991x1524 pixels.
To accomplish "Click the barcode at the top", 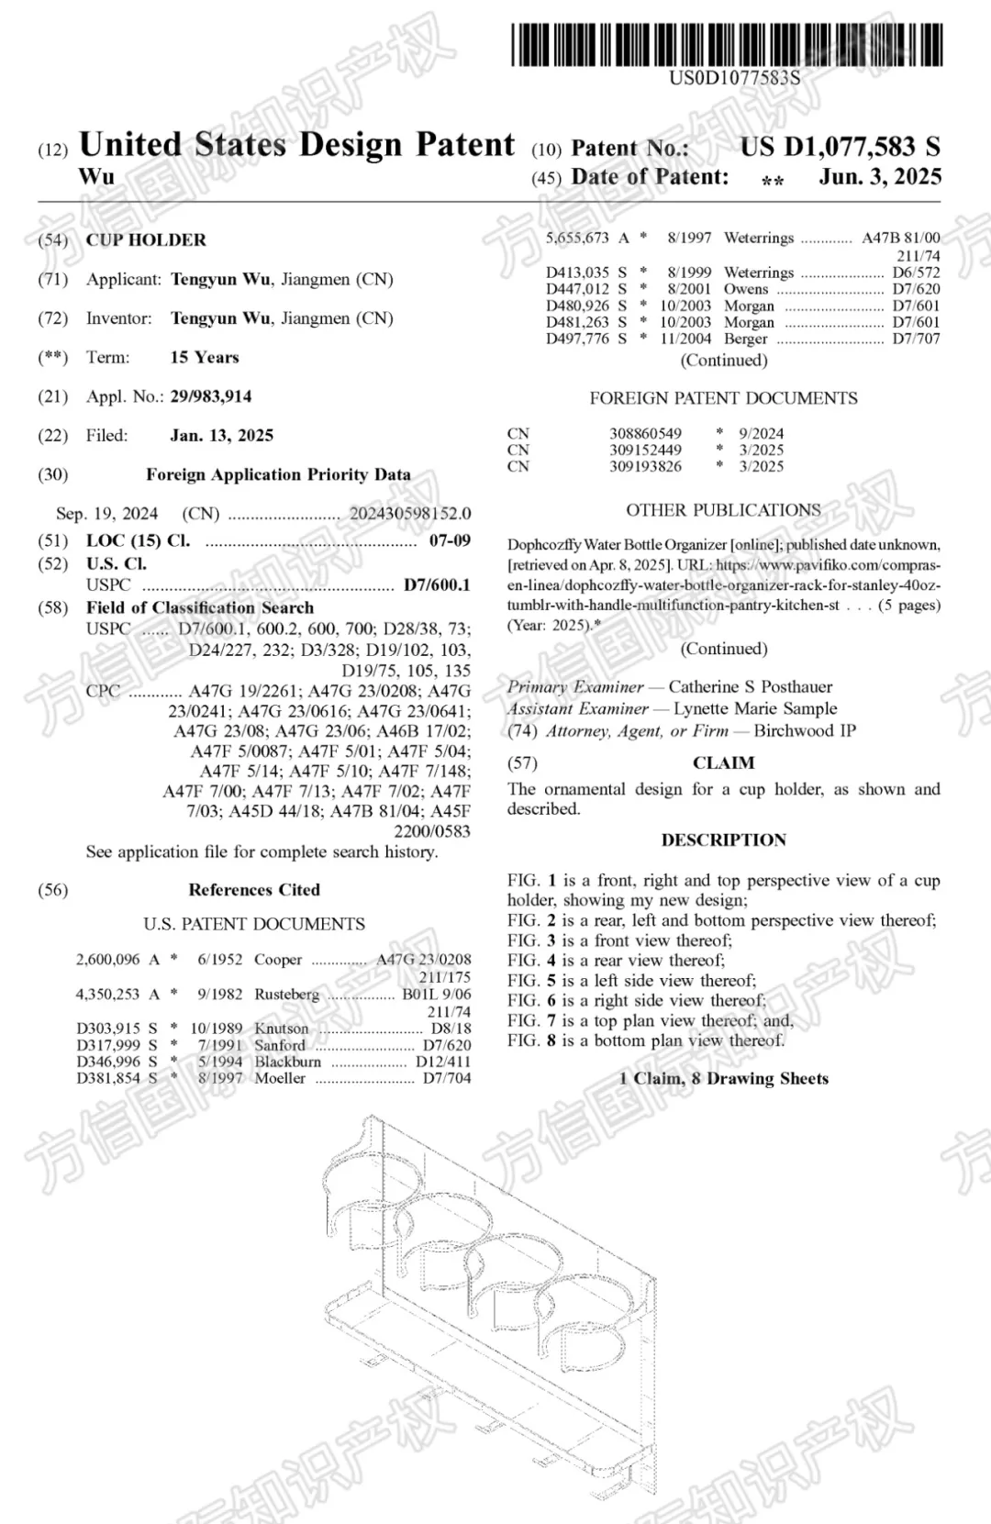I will pos(727,44).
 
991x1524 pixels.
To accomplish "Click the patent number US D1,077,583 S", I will pos(840,147).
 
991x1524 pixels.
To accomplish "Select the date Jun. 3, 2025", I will pos(879,177).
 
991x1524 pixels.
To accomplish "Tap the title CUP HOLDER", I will pos(146,240).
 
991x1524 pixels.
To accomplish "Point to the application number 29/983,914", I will pos(210,396).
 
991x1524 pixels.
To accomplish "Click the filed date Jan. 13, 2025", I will pos(221,436).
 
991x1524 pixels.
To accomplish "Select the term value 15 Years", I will pos(204,358).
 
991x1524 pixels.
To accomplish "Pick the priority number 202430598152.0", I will pos(409,514).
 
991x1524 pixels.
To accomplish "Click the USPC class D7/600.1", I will pos(437,585).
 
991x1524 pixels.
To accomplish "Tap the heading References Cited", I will pos(254,890).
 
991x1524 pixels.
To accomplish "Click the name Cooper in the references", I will pos(278,960).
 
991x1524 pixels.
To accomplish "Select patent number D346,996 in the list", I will pos(108,1062).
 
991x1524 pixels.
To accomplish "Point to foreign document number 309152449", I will pos(645,450).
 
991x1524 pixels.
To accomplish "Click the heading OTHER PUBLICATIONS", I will pos(723,510).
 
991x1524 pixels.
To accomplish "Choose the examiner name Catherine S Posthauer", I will pos(750,687).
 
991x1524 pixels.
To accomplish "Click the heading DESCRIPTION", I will pos(723,840).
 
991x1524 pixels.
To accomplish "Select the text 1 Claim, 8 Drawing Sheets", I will pos(723,1079).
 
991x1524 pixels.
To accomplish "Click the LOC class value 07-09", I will pos(450,541).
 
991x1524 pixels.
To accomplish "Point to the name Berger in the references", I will pos(745,339).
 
